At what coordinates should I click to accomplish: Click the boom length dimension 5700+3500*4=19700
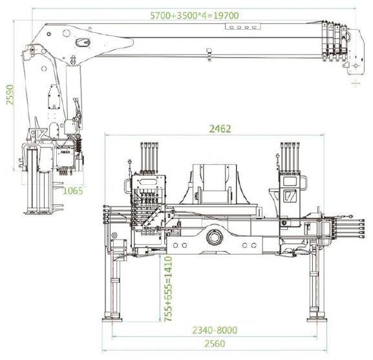[195, 16]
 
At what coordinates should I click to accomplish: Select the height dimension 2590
[10, 94]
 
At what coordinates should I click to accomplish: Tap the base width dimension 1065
[73, 191]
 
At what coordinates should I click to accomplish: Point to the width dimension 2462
[220, 129]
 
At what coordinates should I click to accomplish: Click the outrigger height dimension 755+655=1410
[168, 289]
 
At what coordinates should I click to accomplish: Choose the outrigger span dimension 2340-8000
[215, 330]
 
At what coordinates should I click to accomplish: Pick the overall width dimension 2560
[215, 344]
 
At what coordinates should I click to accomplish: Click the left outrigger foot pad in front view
[112, 320]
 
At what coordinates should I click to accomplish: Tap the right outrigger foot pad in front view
[317, 320]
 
